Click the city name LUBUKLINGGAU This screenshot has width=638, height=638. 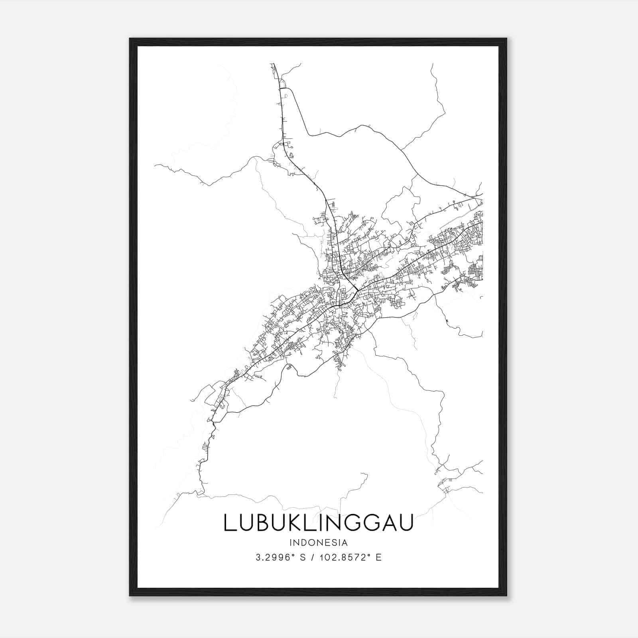(318, 523)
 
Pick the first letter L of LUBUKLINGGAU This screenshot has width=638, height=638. (228, 523)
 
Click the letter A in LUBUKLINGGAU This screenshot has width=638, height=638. (388, 523)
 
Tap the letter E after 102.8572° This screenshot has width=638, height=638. (378, 557)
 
